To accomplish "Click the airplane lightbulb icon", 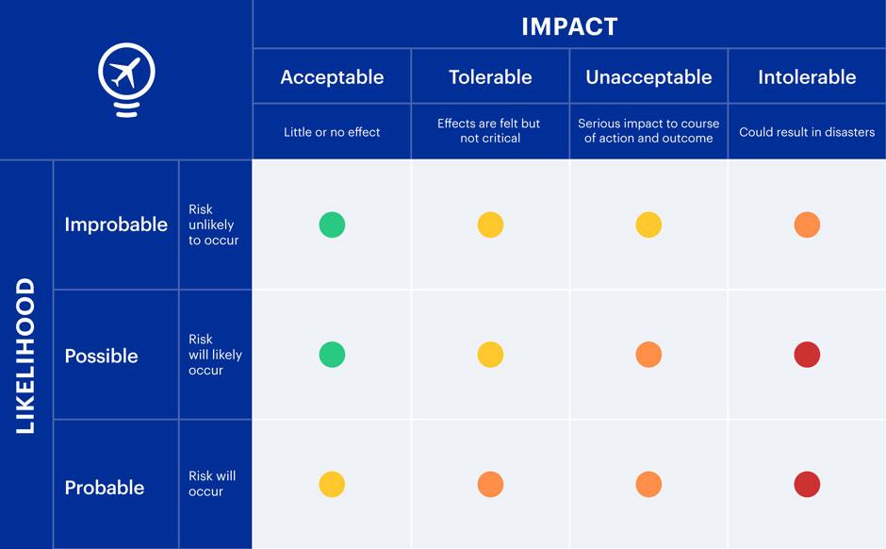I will click(x=126, y=79).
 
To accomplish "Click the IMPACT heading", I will click(x=569, y=26).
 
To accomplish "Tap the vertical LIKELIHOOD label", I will click(x=25, y=356).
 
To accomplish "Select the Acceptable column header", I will click(x=332, y=77).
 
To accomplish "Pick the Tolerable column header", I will click(x=490, y=77).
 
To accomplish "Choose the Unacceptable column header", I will click(x=648, y=77).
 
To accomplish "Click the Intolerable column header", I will click(x=807, y=77).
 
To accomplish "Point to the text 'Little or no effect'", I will click(x=332, y=132).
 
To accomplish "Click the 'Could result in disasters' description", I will click(x=807, y=132).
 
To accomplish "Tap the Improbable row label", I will click(x=116, y=225).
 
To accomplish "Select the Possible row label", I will click(x=101, y=356).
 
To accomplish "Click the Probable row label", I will click(x=105, y=488).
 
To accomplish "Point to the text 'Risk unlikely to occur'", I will click(x=213, y=225).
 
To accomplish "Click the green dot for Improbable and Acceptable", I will click(x=332, y=225).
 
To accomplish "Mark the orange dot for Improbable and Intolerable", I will click(x=807, y=225).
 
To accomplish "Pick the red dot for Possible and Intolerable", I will click(x=807, y=355).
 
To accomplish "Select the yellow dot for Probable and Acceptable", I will click(x=332, y=485).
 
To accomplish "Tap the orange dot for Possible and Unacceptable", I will click(x=648, y=355).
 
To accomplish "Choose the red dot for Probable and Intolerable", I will click(x=807, y=485).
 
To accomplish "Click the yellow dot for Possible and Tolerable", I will click(x=490, y=355).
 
